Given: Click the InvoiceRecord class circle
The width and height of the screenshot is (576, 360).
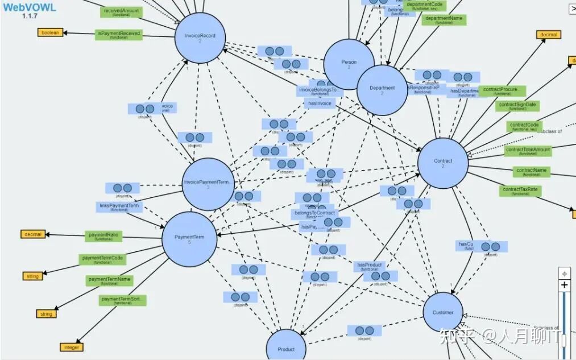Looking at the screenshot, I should tap(200, 38).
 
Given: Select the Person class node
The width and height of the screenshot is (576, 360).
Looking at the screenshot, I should tap(349, 64).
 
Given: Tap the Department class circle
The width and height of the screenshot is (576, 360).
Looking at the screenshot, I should tap(382, 90).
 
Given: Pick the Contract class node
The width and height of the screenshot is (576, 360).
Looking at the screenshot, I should tap(443, 163).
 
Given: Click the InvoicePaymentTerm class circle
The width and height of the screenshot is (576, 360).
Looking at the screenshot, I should tap(208, 184).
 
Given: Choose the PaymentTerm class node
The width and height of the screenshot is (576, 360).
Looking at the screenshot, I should tap(189, 239).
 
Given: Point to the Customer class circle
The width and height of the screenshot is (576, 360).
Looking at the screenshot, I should tap(443, 313).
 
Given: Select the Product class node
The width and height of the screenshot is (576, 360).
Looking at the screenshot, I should tap(286, 348).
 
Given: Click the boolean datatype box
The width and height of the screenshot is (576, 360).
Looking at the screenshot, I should tap(50, 32).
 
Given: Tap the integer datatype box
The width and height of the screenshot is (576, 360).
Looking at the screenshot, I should tap(72, 347).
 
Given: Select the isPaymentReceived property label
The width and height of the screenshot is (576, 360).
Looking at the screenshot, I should tap(118, 35).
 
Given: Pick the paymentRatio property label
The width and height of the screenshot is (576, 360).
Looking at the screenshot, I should tap(103, 235).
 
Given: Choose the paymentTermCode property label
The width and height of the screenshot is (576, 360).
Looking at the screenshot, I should tap(102, 259).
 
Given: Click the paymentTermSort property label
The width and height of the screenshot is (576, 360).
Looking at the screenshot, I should tap(122, 300).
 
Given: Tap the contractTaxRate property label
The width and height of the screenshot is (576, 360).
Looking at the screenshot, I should tap(520, 191).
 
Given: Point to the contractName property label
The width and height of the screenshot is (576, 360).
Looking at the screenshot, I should tap(532, 171).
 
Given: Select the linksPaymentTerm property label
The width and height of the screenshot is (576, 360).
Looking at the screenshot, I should tap(119, 206).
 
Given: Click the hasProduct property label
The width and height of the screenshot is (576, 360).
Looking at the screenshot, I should tap(369, 266).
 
